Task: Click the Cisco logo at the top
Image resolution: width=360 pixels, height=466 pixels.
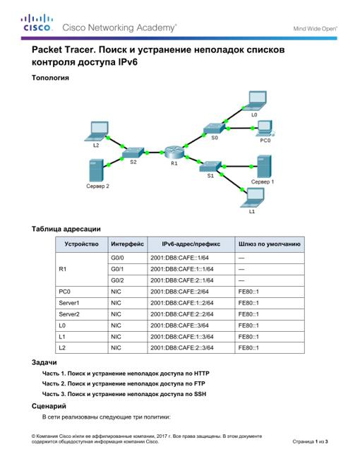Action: coord(37,23)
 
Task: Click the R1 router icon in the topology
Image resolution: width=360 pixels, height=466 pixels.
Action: coord(174,153)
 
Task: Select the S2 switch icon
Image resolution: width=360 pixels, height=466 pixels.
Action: coord(133,153)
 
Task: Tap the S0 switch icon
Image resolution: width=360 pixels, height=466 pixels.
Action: coord(214,129)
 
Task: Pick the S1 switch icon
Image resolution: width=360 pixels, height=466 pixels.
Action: coord(210,167)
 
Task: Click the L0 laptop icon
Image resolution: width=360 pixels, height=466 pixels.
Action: coord(255,101)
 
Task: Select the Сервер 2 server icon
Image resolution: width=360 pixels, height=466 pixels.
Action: coord(96,170)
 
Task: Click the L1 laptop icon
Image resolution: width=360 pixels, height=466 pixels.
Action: coord(253,198)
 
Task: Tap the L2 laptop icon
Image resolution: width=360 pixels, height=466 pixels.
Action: coord(97,131)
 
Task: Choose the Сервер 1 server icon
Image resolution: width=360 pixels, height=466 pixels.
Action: coord(264,167)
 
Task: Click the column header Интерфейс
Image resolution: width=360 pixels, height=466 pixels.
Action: coord(128,244)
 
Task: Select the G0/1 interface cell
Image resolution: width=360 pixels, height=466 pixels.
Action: coord(117,269)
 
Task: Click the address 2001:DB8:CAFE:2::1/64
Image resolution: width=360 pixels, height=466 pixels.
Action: coord(182,280)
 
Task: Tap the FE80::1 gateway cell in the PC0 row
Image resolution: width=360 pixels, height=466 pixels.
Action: coord(248,292)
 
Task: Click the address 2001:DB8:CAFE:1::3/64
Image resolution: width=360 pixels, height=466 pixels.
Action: coord(182,337)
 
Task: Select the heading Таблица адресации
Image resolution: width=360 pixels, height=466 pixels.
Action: coord(66,229)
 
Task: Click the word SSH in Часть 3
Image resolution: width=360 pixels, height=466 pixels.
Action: coord(200,394)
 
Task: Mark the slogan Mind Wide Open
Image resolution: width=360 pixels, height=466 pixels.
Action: coord(315,29)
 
